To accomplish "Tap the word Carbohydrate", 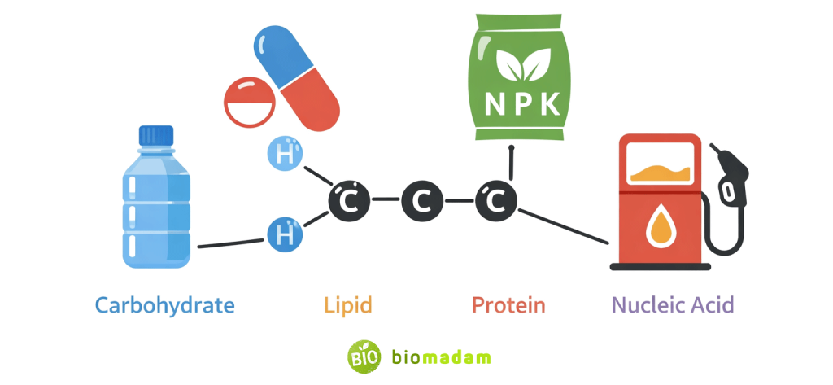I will point(165,306).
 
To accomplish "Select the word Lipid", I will point(347,306).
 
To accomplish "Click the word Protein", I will point(508,306).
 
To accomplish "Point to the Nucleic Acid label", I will point(673,306).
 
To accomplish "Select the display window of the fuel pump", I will point(661,164).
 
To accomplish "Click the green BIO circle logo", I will point(364,357).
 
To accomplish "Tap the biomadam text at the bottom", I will point(440,357).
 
